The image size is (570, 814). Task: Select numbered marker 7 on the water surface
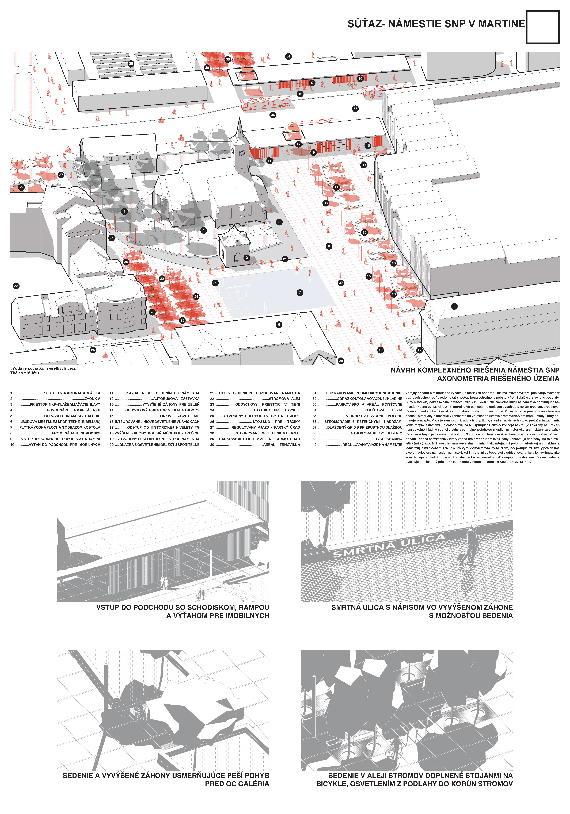(300, 293)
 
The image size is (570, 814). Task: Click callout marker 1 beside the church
(204, 231)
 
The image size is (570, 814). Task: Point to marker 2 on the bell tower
(246, 258)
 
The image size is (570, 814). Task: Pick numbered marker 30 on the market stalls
(131, 63)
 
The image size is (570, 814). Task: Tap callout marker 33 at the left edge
(16, 286)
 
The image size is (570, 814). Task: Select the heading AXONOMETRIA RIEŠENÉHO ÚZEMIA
(498, 378)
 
